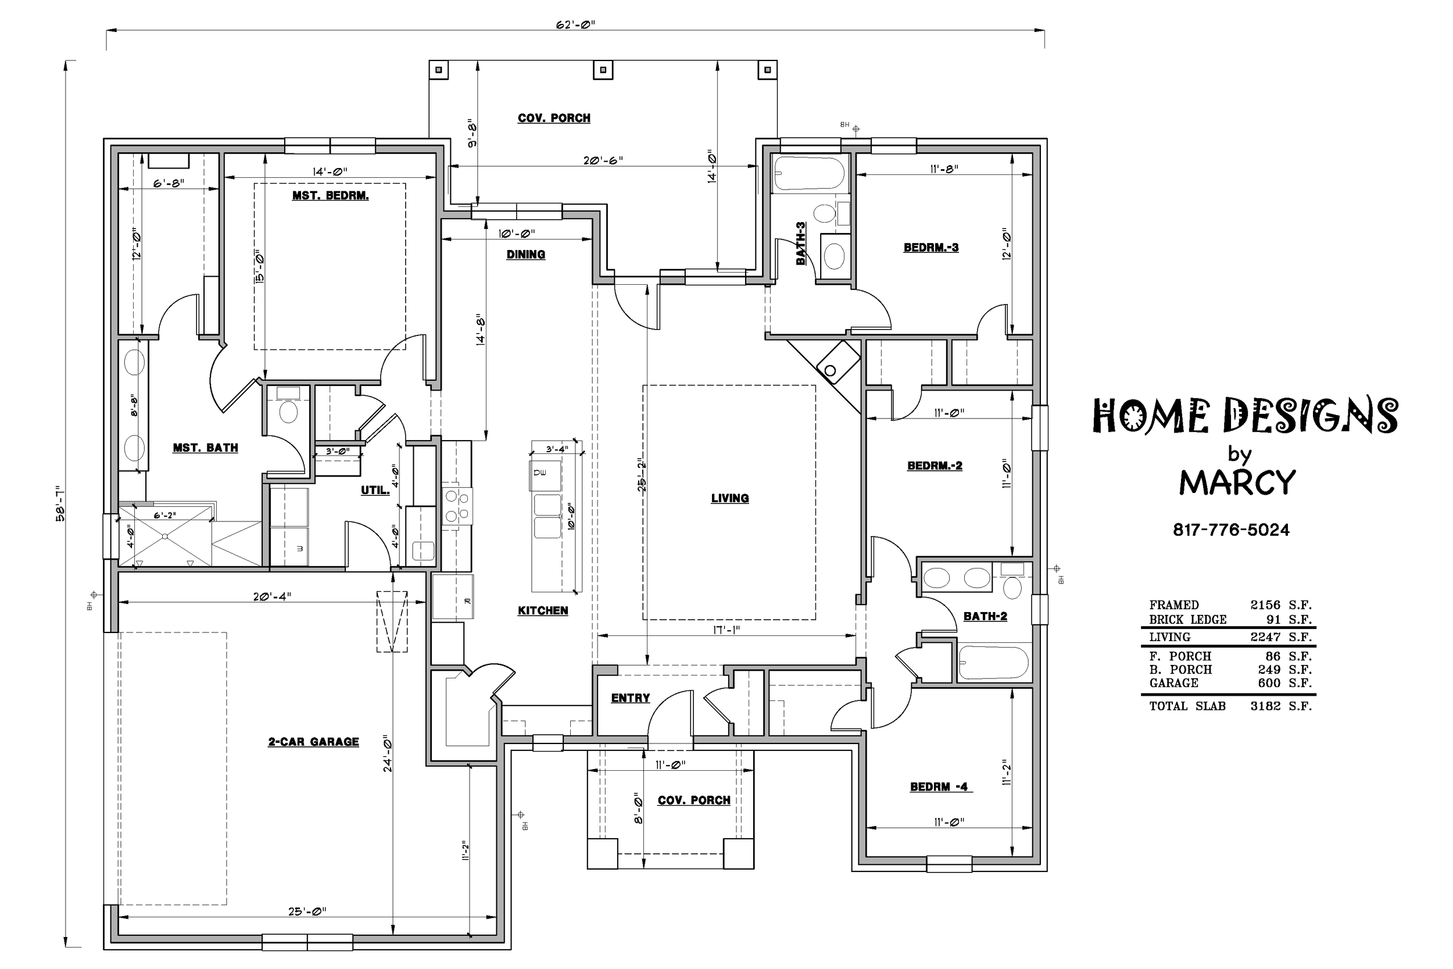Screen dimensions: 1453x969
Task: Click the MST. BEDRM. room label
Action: pos(331,196)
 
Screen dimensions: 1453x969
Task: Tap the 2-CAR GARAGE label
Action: pos(313,742)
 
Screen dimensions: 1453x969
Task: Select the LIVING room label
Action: pos(729,498)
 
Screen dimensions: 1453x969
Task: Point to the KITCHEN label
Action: pos(542,610)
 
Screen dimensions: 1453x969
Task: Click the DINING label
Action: pos(526,255)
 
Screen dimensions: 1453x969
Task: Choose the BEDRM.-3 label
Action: pos(931,248)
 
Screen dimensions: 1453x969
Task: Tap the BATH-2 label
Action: pos(985,616)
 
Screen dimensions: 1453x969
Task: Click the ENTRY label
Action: pos(630,698)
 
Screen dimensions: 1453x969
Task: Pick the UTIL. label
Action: pos(375,491)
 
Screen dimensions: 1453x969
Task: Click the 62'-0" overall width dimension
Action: pos(575,25)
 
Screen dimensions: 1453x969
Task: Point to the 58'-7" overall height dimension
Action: pos(60,503)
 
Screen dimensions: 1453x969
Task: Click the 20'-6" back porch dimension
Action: pos(603,160)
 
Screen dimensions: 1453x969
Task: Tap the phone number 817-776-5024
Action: pos(1231,530)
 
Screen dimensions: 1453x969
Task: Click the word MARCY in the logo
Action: pos(1237,482)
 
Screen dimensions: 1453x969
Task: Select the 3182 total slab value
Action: pos(1265,706)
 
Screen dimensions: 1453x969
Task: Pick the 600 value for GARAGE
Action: pos(1269,683)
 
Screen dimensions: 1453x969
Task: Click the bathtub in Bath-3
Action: pos(809,174)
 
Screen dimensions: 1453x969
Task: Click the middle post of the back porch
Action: pos(603,70)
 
